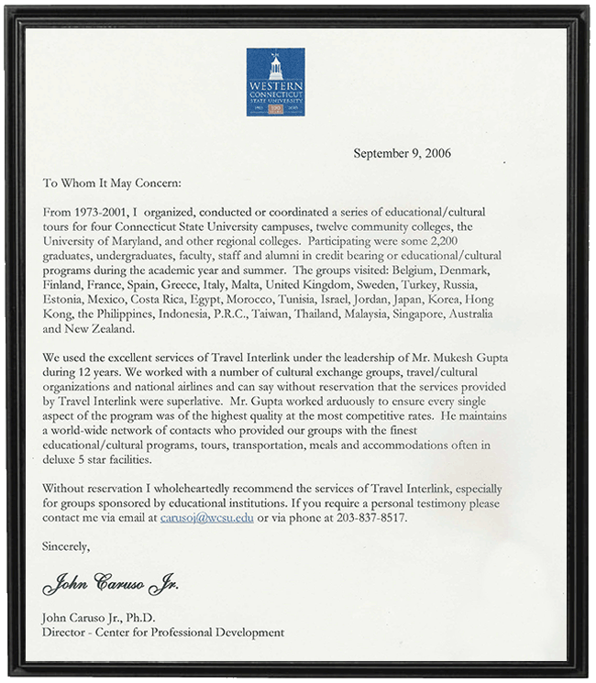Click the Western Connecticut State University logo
point(275,82)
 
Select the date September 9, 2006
point(402,153)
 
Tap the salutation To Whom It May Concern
point(113,182)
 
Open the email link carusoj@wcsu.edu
point(206,519)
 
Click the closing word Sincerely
point(67,548)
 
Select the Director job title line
point(163,632)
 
